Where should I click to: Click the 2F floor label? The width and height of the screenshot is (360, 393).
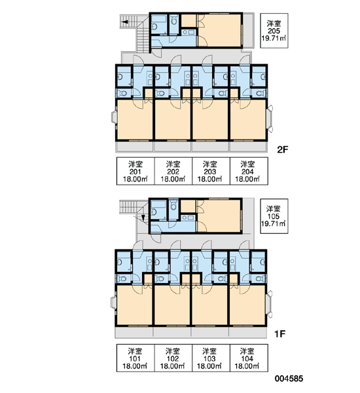pos(283,149)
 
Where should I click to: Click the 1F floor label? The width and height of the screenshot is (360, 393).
pos(280,334)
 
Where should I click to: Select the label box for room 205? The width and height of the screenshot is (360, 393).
pos(274,31)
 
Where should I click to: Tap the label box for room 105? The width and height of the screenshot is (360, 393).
pos(274,216)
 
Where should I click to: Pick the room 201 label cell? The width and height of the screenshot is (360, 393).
pos(135,171)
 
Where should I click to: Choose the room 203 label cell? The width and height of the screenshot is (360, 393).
pos(211,171)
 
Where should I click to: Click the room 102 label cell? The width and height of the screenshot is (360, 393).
pos(173,358)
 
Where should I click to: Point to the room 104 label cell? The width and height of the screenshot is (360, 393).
pos(249,358)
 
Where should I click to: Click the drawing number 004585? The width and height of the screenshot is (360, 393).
pos(289,379)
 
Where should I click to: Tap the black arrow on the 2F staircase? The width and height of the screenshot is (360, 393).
pos(124,22)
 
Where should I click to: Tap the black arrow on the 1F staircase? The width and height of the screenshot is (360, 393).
pos(143,218)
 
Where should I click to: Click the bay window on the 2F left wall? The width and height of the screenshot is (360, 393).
pos(115,117)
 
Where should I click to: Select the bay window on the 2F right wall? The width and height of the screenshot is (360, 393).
pos(270,119)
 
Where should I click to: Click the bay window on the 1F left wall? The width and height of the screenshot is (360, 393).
pos(113,303)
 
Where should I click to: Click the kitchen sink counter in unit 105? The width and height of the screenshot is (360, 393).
pos(188,217)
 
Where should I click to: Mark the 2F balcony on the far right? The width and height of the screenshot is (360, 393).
pos(248,30)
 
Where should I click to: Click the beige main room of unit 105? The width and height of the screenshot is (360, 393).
pos(219,215)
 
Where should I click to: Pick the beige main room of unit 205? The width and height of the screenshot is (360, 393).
pos(219,30)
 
